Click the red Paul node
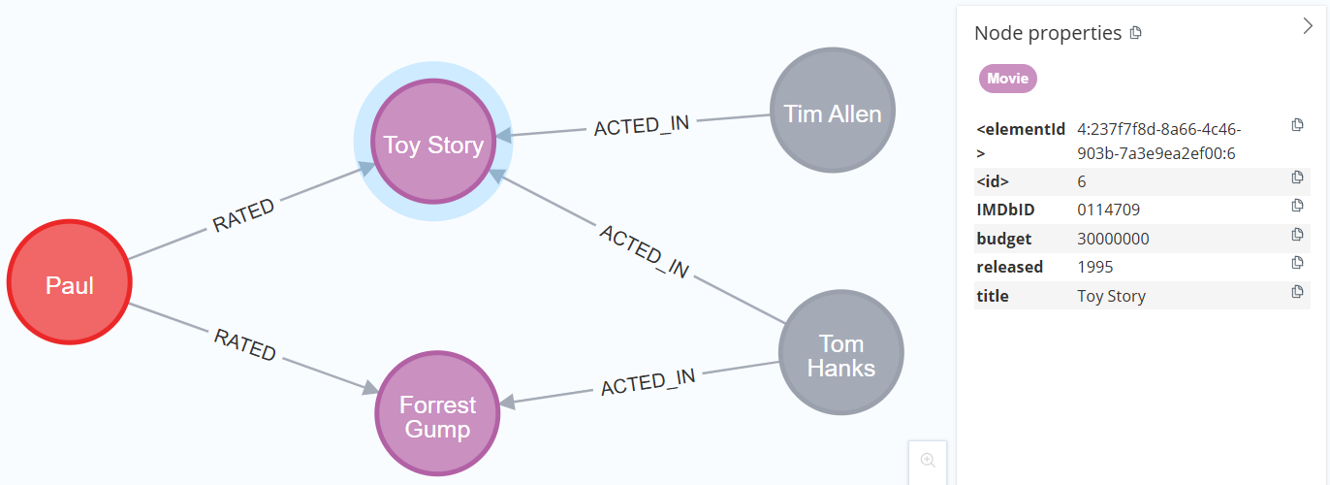pyautogui.click(x=70, y=282)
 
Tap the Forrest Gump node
pyautogui.click(x=437, y=415)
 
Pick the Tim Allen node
pyautogui.click(x=833, y=112)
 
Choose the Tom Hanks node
pyautogui.click(x=841, y=355)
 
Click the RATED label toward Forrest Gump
pyautogui.click(x=245, y=344)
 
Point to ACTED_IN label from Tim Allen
pyautogui.click(x=642, y=125)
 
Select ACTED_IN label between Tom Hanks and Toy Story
pyautogui.click(x=644, y=251)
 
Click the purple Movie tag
pyautogui.click(x=1007, y=79)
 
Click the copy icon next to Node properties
pyautogui.click(x=1136, y=33)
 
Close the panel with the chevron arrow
pyautogui.click(x=1307, y=27)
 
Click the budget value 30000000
pyautogui.click(x=1113, y=239)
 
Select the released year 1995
pyautogui.click(x=1095, y=267)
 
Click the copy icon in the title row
pyautogui.click(x=1297, y=291)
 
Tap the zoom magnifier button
pyautogui.click(x=928, y=460)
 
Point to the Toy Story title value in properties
pyautogui.click(x=1111, y=296)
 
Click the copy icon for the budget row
pyautogui.click(x=1297, y=235)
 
